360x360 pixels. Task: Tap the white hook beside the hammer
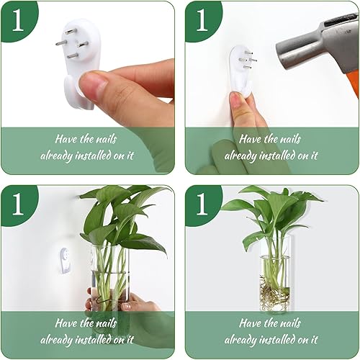click(242, 68)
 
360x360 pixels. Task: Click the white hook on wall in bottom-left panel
click(65, 261)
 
